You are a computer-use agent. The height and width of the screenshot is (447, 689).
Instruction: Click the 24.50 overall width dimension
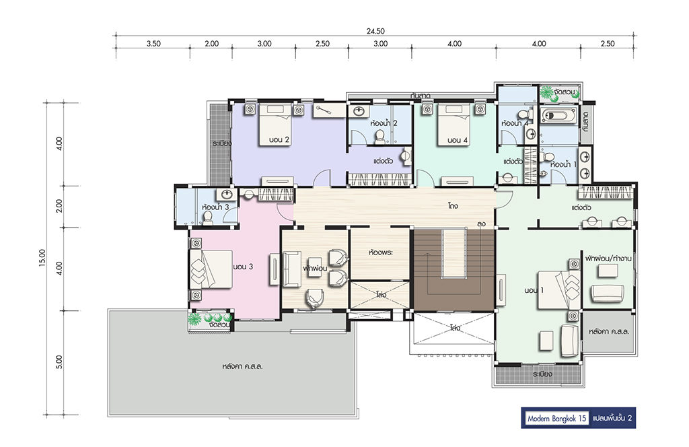[x=375, y=31]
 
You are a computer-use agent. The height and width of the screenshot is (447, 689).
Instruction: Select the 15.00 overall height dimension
[x=42, y=258]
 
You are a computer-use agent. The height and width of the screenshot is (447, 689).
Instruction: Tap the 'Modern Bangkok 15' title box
[x=556, y=418]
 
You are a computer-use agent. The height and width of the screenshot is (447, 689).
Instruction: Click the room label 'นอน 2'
[x=279, y=140]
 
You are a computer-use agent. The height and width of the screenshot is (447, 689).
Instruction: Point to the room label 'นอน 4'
[x=458, y=140]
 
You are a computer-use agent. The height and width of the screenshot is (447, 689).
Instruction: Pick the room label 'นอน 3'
[x=243, y=267]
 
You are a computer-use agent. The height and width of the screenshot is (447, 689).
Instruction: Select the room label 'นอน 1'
[x=534, y=291]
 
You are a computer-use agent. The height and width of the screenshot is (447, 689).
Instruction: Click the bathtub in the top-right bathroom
[x=558, y=116]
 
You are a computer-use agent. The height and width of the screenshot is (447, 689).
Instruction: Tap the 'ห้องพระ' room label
[x=381, y=252]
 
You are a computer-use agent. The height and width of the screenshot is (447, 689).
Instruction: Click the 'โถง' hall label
[x=453, y=205]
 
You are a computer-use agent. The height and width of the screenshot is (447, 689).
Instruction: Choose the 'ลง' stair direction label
[x=481, y=224]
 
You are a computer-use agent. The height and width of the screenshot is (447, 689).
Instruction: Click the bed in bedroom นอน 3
[x=211, y=269]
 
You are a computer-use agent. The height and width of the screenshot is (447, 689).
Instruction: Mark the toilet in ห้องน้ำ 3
[x=208, y=218]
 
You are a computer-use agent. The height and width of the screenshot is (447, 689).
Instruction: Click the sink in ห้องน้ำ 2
[x=359, y=111]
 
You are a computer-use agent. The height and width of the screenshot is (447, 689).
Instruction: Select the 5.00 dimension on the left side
[x=59, y=362]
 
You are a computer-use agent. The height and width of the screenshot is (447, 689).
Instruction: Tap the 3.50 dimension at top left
[x=153, y=44]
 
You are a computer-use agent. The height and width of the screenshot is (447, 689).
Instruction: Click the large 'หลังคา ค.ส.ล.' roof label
[x=242, y=366]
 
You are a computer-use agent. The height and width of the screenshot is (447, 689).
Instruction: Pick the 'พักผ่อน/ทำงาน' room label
[x=608, y=259]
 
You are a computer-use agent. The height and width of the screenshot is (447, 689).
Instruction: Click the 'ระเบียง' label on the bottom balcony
[x=542, y=374]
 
